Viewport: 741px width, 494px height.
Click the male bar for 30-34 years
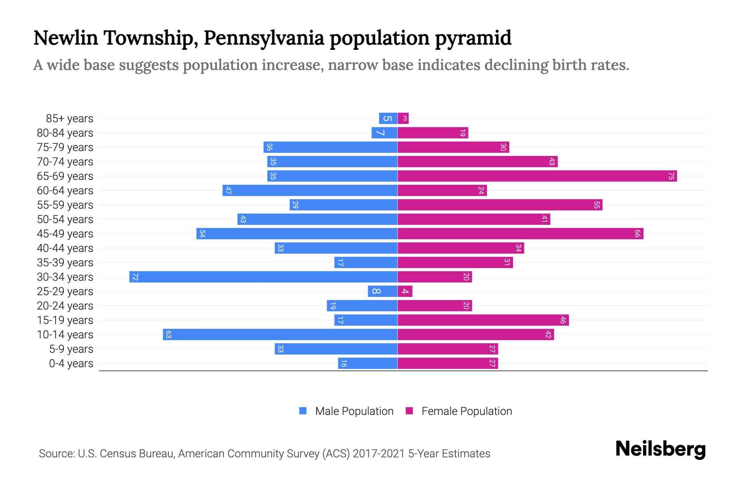[x=263, y=277]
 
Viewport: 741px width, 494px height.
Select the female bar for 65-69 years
[x=537, y=176]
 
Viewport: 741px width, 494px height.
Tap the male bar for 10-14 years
[x=280, y=334]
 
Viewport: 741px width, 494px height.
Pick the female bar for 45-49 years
[x=520, y=234]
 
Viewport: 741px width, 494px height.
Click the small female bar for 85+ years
[x=403, y=119]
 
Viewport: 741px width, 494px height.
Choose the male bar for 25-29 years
[x=382, y=291]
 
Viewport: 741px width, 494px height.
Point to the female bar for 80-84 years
[x=433, y=133]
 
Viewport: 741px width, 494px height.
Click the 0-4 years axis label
[x=71, y=364]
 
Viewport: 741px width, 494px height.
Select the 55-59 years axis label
[x=65, y=205]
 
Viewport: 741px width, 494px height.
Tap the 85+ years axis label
[x=69, y=119]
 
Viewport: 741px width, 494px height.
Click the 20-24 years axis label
[x=65, y=306]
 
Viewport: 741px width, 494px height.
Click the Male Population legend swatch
[x=303, y=411]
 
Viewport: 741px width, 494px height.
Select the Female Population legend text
[x=466, y=411]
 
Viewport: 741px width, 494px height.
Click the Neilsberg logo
[x=660, y=449]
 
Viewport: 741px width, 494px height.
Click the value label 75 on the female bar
[x=671, y=176]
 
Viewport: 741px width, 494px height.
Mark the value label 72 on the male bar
[x=135, y=277]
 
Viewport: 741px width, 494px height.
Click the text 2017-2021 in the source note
[x=379, y=454]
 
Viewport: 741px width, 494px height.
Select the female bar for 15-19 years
[x=483, y=320]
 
